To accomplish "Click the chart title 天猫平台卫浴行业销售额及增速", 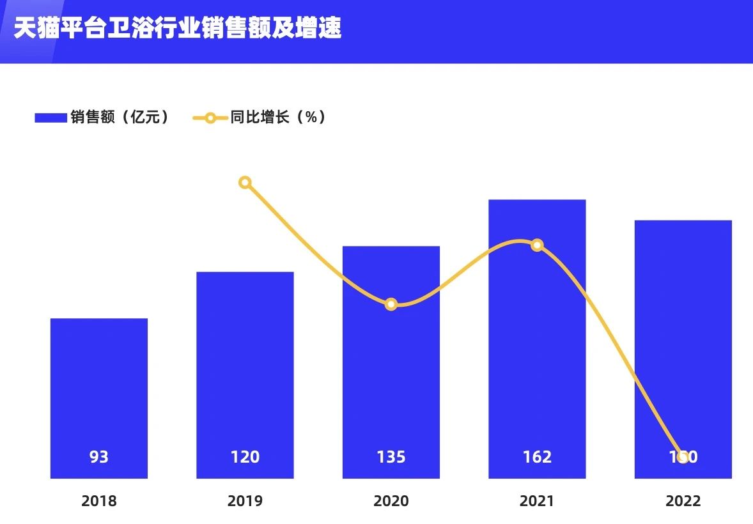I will point(178,29).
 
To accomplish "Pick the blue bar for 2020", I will point(391,383).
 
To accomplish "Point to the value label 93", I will point(99,457).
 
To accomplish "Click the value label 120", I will point(245,457).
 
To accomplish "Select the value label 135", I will point(391,457).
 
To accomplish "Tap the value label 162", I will point(537,457).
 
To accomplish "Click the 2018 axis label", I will point(99,501).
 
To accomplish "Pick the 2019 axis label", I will point(245,501).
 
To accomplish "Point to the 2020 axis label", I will point(391,501).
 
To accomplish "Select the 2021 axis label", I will point(537,501).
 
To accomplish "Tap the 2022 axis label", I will point(683,501).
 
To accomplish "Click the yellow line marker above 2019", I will point(245,183).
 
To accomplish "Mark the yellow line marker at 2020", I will point(391,304).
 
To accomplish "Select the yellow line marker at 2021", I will point(537,245).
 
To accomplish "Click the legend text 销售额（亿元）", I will point(120,117).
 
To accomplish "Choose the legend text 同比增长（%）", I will point(278,117).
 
